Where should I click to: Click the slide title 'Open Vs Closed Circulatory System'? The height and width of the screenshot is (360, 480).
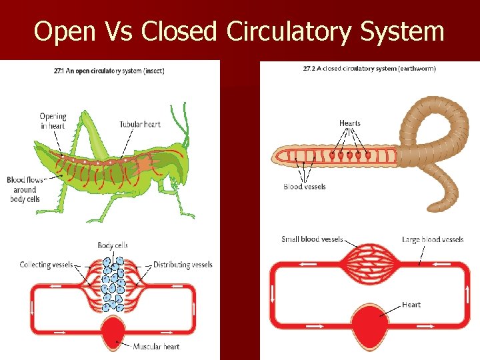[239, 31]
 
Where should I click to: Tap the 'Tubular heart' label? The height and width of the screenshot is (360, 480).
[140, 124]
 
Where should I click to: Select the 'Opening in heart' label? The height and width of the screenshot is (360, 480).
[53, 121]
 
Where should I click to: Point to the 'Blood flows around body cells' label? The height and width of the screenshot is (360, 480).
[25, 189]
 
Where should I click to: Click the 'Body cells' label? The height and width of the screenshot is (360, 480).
[112, 245]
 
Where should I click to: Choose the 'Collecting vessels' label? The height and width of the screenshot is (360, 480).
[46, 265]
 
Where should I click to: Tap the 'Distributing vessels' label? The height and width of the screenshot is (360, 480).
[183, 265]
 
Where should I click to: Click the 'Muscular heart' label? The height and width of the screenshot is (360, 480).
[156, 347]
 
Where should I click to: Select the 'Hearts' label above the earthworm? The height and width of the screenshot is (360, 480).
[349, 123]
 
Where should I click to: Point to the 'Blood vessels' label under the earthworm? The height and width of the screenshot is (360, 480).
[304, 187]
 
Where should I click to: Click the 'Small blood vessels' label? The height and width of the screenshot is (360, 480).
[312, 239]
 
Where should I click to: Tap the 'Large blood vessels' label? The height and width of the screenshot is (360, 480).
[433, 239]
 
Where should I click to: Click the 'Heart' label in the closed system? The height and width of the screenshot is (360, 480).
[411, 305]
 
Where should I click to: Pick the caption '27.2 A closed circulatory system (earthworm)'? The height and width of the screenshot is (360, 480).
[369, 69]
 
